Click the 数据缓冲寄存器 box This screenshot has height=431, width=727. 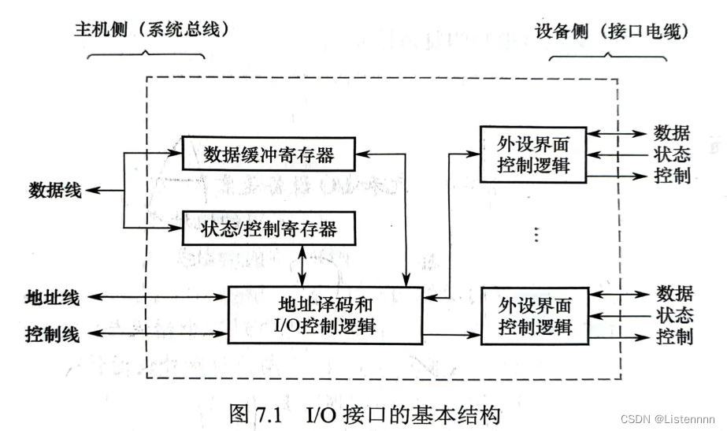268,154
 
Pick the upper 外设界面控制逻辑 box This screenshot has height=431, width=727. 533,154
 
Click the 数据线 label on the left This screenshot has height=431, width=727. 54,190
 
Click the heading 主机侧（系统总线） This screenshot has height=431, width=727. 150,30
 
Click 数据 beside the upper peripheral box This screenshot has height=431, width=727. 673,132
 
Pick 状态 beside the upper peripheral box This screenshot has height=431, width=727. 673,154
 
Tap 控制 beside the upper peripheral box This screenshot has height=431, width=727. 673,175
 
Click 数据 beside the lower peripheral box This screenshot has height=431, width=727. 675,294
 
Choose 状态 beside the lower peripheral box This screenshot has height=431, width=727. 675,316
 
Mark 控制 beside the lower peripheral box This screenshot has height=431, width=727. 675,337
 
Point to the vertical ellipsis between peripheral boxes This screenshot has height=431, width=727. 536,234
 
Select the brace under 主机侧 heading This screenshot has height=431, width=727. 146,56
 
